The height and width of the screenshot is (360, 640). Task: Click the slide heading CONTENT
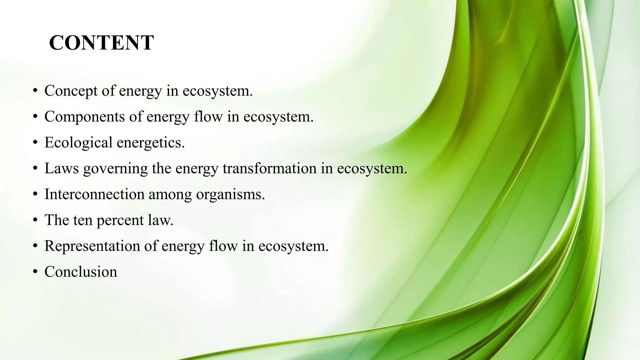click(x=101, y=43)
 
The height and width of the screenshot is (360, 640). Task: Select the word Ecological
click(x=78, y=142)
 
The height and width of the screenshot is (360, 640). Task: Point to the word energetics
click(x=151, y=143)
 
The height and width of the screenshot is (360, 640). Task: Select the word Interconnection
click(x=94, y=194)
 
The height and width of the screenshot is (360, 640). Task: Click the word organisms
click(x=230, y=195)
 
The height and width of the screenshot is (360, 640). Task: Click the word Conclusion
click(x=81, y=272)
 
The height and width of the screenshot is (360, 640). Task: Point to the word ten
click(x=83, y=220)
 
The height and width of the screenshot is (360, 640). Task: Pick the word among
click(x=170, y=195)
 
